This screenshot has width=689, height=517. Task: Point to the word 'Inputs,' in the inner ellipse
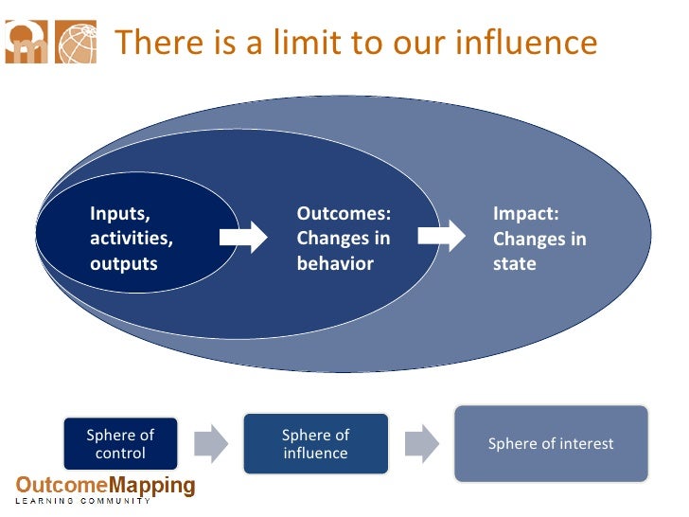tap(120, 213)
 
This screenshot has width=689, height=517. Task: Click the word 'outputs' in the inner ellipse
tap(123, 264)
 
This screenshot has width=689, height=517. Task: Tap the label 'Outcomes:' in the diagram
tap(344, 214)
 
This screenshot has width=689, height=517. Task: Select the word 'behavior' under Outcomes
tap(335, 263)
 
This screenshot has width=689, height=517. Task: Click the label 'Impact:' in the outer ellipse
tap(526, 214)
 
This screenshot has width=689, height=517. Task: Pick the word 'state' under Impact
tap(515, 263)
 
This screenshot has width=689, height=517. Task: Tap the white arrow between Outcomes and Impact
tap(442, 237)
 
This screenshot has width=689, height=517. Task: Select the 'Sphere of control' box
tap(120, 443)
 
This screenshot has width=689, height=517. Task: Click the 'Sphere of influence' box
tap(315, 443)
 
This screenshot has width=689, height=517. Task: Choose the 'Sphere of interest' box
tap(551, 443)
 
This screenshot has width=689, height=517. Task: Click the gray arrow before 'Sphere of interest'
tap(422, 442)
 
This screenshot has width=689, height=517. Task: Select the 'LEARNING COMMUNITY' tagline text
tap(82, 501)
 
